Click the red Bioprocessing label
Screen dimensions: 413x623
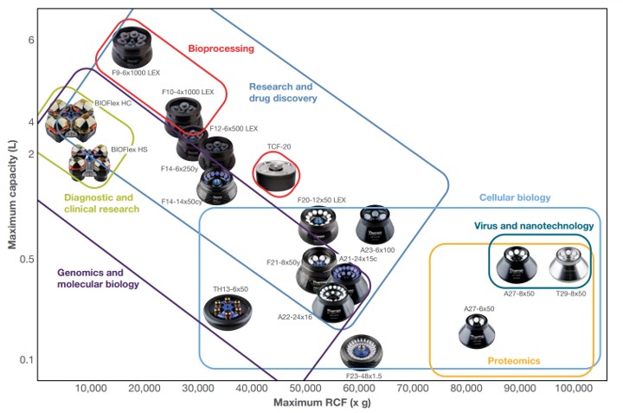point(221,49)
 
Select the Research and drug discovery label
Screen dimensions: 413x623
point(280,92)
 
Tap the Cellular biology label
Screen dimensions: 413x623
point(514,197)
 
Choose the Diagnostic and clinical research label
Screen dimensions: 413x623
point(101,203)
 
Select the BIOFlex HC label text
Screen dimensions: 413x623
point(112,103)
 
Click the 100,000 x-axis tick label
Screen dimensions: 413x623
point(572,390)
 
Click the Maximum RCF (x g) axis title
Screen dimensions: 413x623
point(316,403)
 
